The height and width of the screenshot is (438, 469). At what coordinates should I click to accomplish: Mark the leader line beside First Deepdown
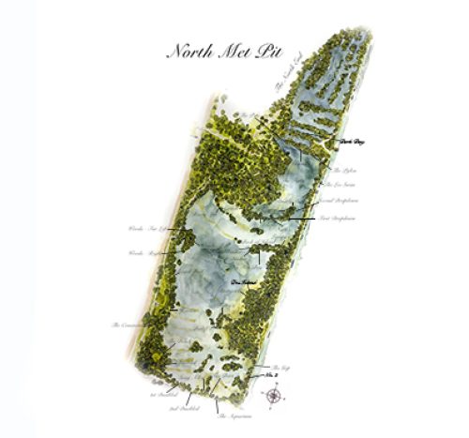coord(303,217)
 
